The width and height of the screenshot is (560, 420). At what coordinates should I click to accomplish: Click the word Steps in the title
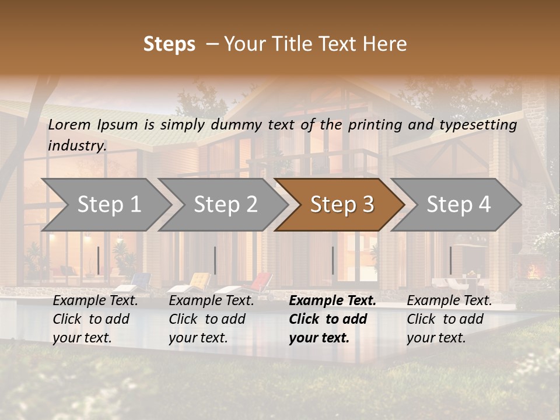[169, 44]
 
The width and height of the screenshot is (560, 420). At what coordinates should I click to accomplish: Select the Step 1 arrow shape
[105, 205]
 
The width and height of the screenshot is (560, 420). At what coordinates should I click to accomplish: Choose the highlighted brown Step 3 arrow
[341, 205]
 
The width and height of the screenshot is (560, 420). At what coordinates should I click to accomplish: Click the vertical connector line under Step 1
[99, 260]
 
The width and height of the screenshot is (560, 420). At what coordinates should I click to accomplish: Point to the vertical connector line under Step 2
[215, 260]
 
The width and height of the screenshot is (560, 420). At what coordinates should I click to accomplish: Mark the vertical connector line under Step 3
[333, 260]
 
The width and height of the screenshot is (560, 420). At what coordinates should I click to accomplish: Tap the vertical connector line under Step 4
[450, 260]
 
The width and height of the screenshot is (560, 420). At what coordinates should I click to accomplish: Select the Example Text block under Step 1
[95, 318]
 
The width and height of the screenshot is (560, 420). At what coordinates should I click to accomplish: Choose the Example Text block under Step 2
[211, 318]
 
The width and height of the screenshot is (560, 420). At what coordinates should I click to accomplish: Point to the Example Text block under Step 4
[449, 318]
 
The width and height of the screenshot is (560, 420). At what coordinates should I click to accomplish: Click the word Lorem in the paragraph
[69, 125]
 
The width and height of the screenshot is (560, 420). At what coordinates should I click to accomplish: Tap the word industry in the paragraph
[76, 146]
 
